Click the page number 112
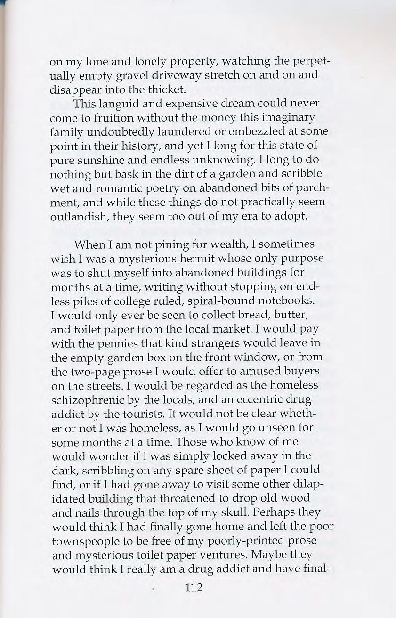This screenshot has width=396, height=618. (x=194, y=587)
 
